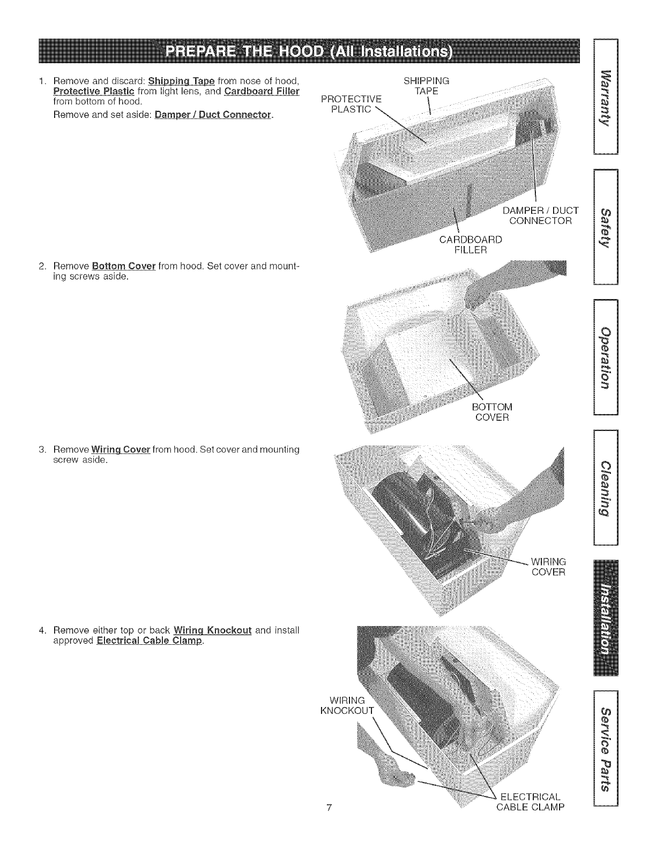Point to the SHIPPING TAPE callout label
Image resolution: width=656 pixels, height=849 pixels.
click(x=426, y=86)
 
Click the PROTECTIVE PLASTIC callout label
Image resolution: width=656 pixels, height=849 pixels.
click(x=351, y=104)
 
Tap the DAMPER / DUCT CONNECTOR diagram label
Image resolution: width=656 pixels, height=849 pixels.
click(x=540, y=215)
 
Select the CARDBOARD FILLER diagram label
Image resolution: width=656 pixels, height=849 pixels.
click(x=471, y=244)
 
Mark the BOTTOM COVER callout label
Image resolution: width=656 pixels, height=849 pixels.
click(x=492, y=412)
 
